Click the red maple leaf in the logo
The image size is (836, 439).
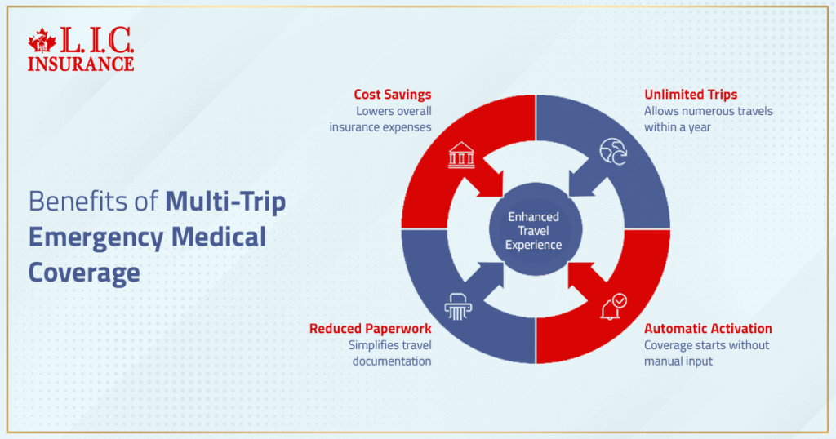[x=41, y=42]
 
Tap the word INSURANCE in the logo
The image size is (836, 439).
[x=81, y=63]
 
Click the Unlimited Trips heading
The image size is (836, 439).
[x=690, y=95]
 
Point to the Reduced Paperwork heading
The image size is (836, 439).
[x=370, y=328]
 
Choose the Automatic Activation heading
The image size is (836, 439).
[x=708, y=328]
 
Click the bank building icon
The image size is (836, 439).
[x=461, y=154]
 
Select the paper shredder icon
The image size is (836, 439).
[x=458, y=305]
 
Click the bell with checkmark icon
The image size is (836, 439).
[x=613, y=307]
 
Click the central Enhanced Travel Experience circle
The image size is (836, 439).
[x=534, y=230]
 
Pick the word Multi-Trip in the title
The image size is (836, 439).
[x=225, y=202]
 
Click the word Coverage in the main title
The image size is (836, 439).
[x=84, y=273]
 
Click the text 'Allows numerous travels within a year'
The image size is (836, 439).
[x=707, y=119]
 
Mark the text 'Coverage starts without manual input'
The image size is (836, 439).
[x=706, y=353]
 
